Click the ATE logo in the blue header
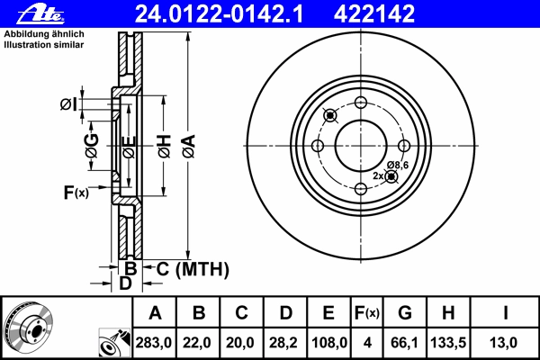tap(41, 14)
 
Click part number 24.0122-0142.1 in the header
tap(219, 14)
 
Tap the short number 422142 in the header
tap(374, 14)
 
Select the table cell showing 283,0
tap(154, 343)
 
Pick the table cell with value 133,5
tap(448, 343)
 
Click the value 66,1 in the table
tap(404, 343)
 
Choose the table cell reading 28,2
tap(283, 343)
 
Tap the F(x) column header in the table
tap(367, 313)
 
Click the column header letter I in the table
tap(505, 313)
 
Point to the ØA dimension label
tap(189, 146)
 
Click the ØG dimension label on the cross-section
tap(92, 146)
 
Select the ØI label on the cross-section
tap(68, 104)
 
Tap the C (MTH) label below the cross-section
tap(193, 269)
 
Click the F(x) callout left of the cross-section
tap(76, 193)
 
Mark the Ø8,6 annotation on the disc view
tap(398, 166)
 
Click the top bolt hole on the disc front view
tap(361, 103)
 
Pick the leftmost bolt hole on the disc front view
tap(318, 146)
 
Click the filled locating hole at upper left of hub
tap(330, 115)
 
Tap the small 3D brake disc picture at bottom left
tap(28, 327)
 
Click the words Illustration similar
tap(44, 45)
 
